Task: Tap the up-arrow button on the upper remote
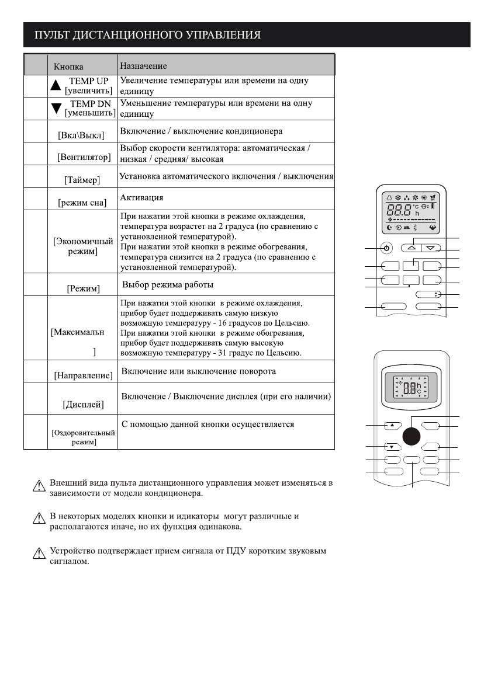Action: [412, 248]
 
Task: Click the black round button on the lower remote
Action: [412, 436]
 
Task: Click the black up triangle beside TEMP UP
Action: [56, 85]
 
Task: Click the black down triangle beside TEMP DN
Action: [56, 107]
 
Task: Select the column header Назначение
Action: [143, 67]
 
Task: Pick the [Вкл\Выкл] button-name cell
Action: [81, 135]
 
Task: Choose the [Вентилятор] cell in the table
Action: [82, 157]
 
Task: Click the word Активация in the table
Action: [141, 197]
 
